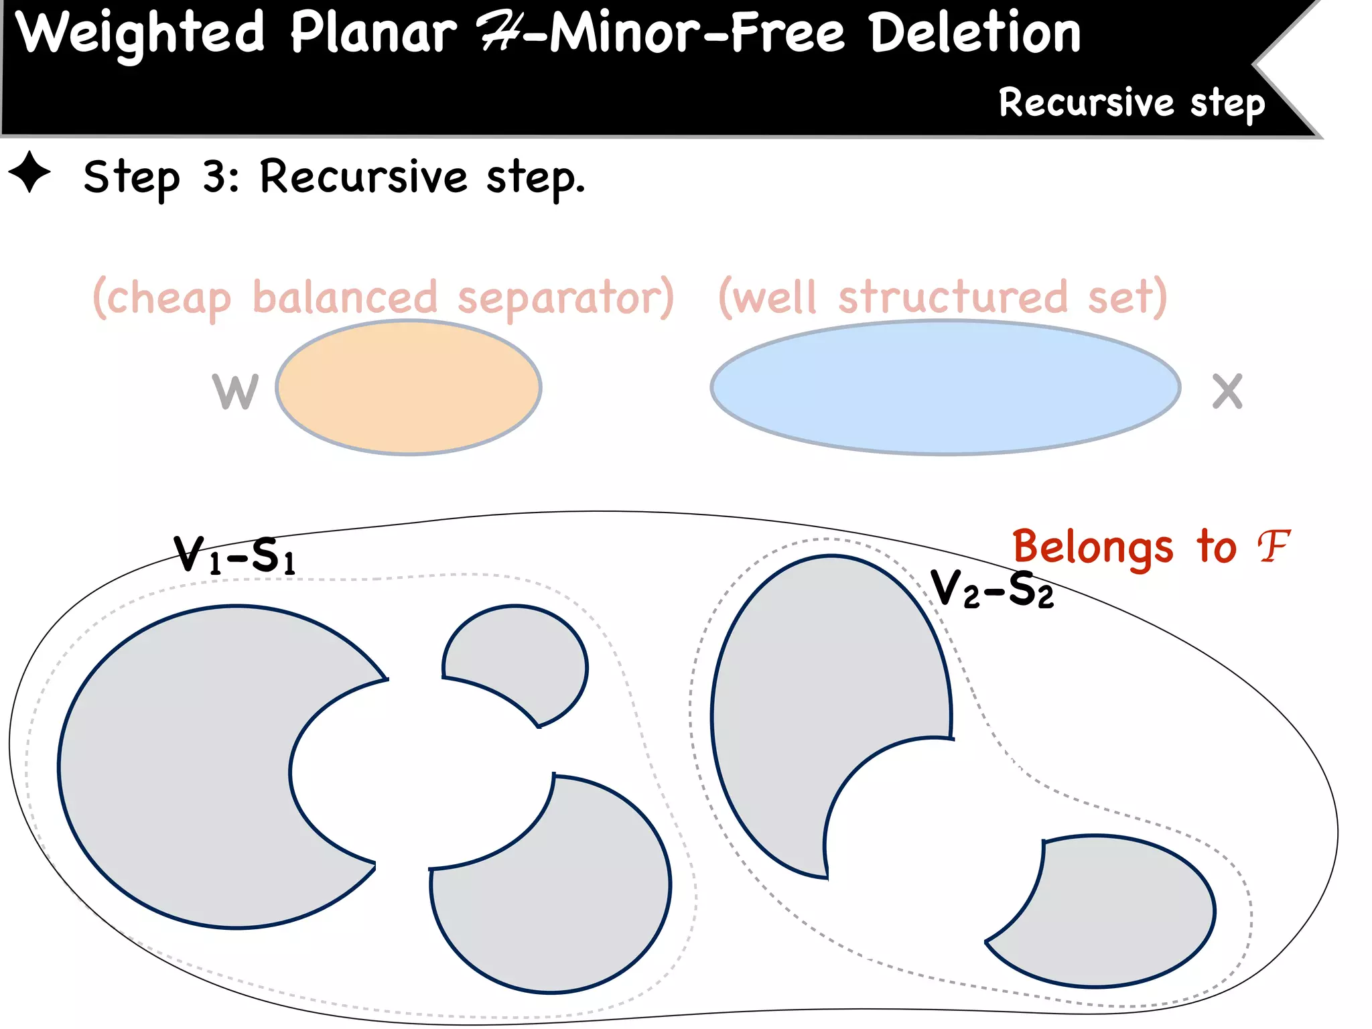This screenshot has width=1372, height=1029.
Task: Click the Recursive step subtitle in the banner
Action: point(1131,103)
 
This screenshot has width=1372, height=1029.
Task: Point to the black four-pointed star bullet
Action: point(29,172)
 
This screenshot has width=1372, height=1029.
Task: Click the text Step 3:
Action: point(161,177)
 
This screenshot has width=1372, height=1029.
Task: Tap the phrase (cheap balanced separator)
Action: point(383,297)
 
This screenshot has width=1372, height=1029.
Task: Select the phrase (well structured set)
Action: point(943,297)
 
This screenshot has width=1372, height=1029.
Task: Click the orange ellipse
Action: point(409,388)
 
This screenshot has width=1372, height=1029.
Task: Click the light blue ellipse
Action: point(945,388)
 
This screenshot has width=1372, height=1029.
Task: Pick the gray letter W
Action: point(235,391)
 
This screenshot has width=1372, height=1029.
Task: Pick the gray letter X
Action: point(1227,391)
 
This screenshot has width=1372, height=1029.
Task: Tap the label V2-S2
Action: point(991,590)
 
